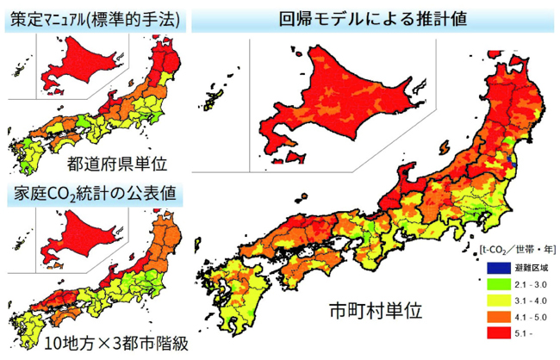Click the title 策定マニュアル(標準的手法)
95,20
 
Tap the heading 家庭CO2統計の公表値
95,194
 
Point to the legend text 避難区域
528,269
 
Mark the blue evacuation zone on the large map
513,160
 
